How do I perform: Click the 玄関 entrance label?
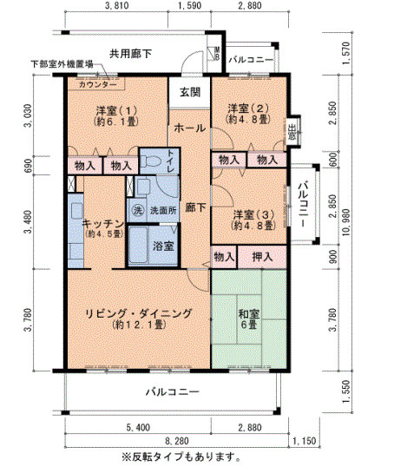click(x=190, y=92)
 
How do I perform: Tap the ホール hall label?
click(x=190, y=128)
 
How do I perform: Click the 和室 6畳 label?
click(x=248, y=319)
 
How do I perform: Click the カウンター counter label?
click(x=97, y=84)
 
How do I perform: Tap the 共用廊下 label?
click(x=130, y=54)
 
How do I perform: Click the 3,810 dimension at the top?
click(x=115, y=6)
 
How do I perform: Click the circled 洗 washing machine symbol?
click(x=137, y=209)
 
